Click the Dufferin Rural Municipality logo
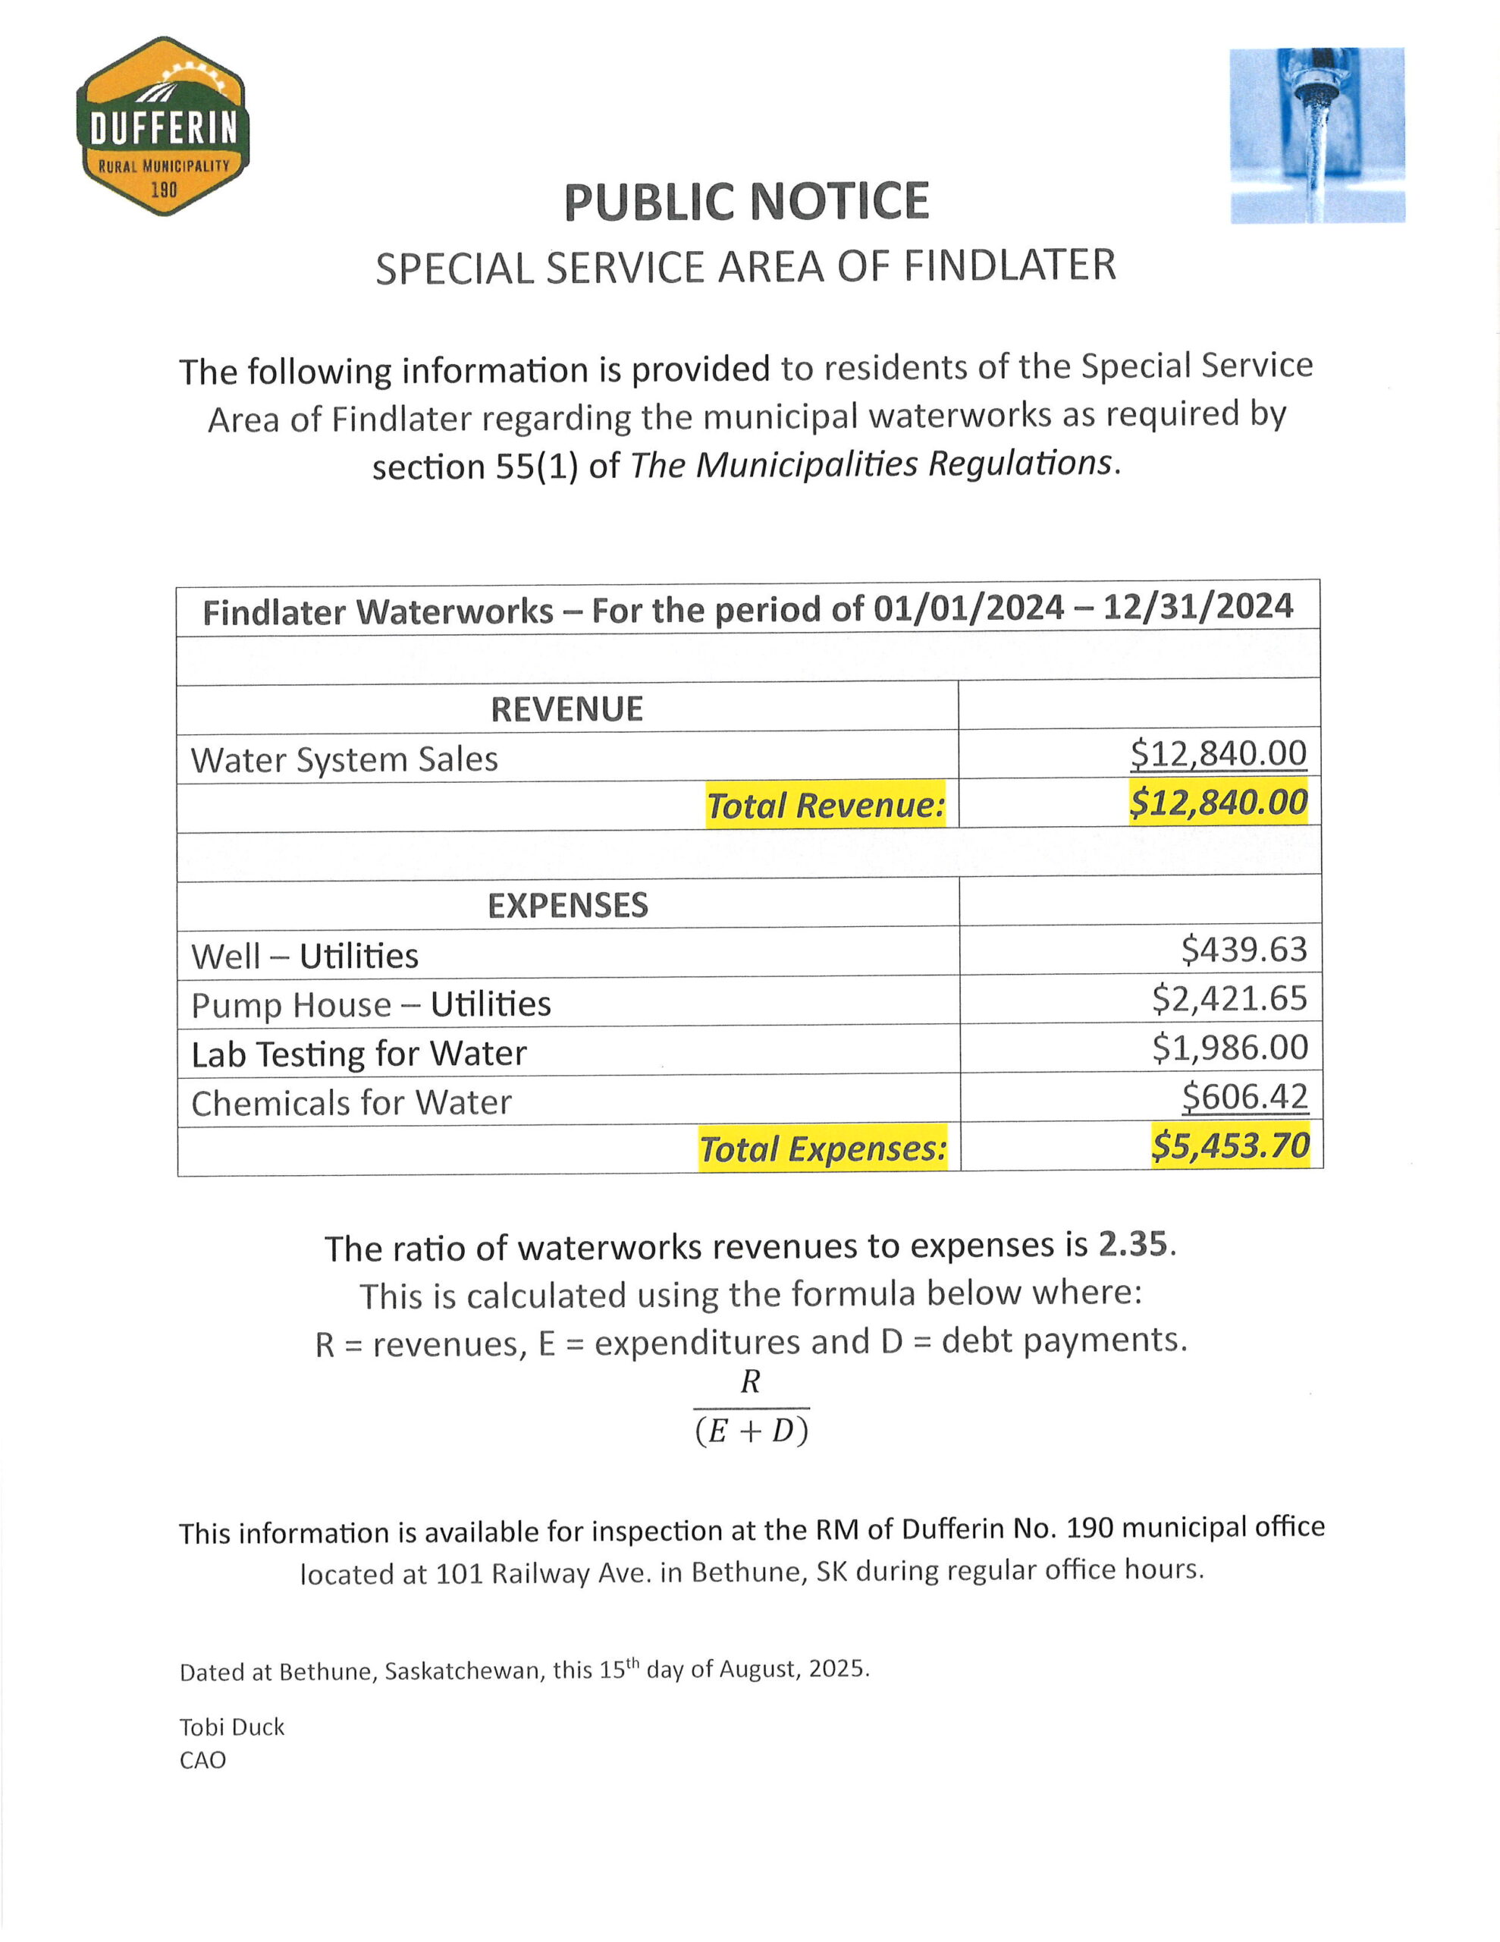click(x=163, y=125)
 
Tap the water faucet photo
click(x=1316, y=135)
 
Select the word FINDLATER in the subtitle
click(x=1009, y=266)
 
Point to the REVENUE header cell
click(x=567, y=709)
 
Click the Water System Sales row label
click(x=344, y=759)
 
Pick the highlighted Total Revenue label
click(x=825, y=805)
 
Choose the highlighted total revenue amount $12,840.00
click(x=1218, y=802)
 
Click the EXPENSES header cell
click(x=567, y=905)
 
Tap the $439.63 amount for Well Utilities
click(x=1244, y=950)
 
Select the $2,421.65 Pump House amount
click(x=1230, y=998)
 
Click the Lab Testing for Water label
click(x=359, y=1054)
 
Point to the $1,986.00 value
click(x=1230, y=1048)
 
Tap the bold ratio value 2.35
click(x=1132, y=1245)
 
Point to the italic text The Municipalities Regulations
click(x=871, y=464)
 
